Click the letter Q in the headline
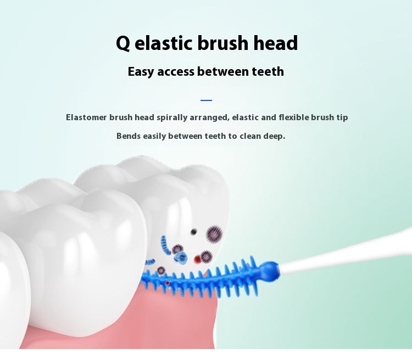[x=123, y=43]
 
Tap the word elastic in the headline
[x=164, y=43]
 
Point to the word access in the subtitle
[x=176, y=72]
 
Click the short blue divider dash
[x=206, y=100]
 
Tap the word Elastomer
[x=86, y=117]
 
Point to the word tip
[x=342, y=117]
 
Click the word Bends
[x=129, y=136]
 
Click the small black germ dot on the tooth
[x=194, y=232]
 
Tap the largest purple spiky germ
[x=214, y=234]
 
